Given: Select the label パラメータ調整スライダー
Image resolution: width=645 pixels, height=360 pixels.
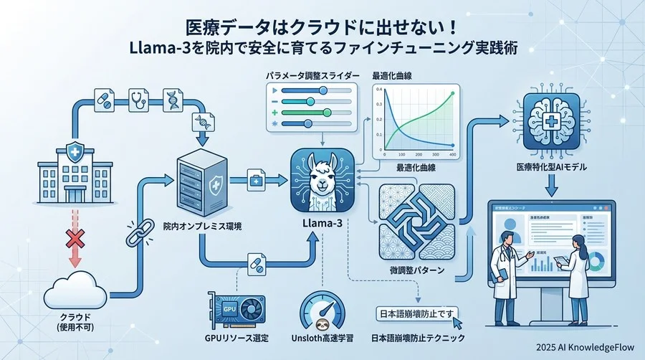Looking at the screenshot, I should [x=310, y=75].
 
